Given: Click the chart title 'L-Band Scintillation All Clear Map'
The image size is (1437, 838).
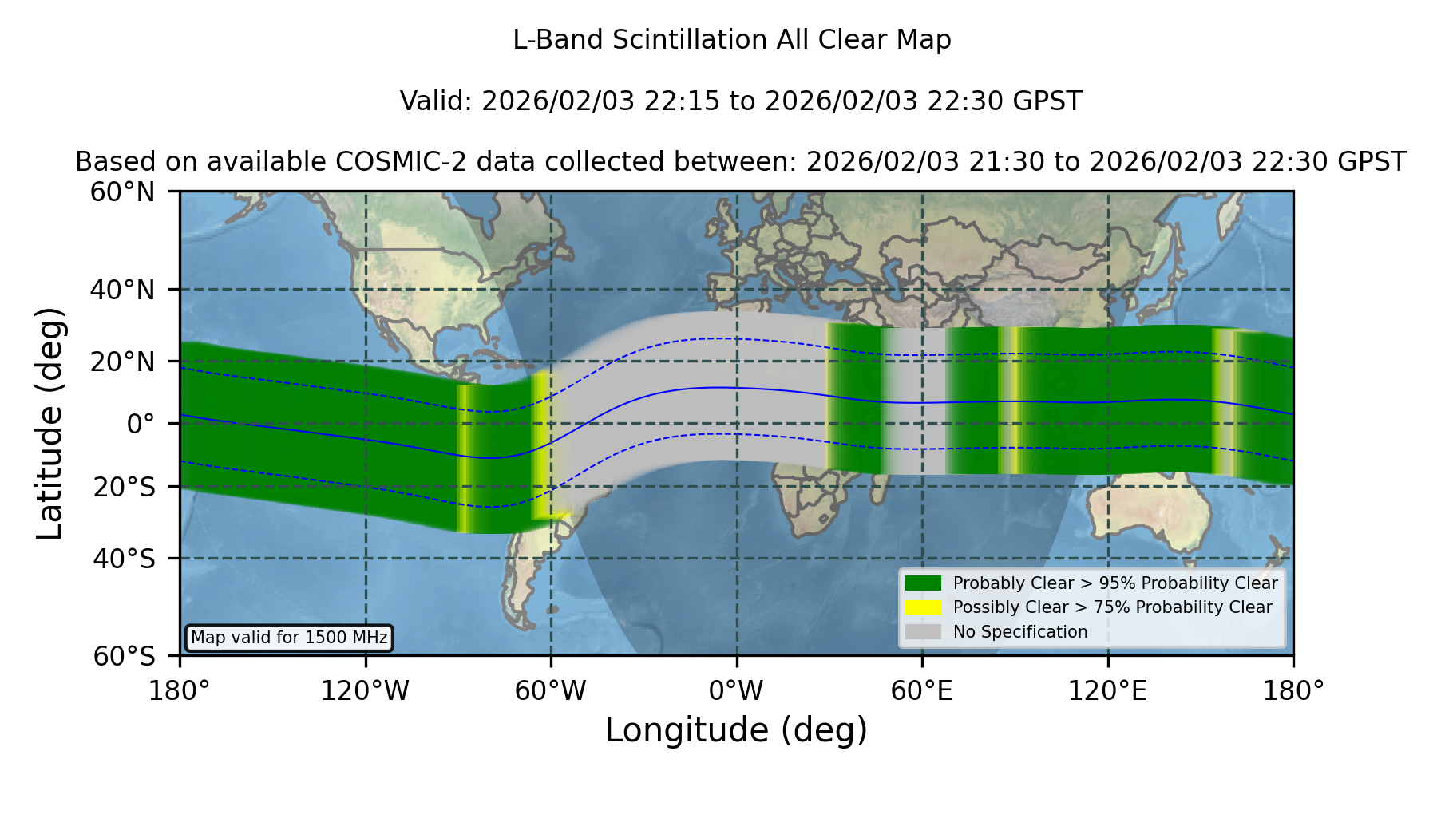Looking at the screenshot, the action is pyautogui.click(x=732, y=40).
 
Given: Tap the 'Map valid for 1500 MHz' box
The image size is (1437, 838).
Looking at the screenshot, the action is pyautogui.click(x=289, y=638).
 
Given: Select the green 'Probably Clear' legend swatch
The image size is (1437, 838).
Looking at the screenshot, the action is pyautogui.click(x=923, y=583).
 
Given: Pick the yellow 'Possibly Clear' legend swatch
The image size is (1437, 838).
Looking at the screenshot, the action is pyautogui.click(x=923, y=607).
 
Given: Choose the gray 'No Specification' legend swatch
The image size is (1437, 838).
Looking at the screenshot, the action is pyautogui.click(x=923, y=632).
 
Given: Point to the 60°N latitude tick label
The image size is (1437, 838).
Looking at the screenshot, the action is pyautogui.click(x=122, y=192).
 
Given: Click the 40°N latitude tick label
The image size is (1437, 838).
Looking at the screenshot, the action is pyautogui.click(x=122, y=290).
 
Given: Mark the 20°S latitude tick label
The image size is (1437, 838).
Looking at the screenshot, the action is pyautogui.click(x=124, y=487).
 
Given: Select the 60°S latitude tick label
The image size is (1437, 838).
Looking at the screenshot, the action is pyautogui.click(x=124, y=656).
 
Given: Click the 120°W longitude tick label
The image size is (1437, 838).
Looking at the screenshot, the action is pyautogui.click(x=365, y=691).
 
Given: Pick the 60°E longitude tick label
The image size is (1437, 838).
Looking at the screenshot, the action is pyautogui.click(x=922, y=691).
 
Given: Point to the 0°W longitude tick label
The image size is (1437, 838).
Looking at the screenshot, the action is pyautogui.click(x=736, y=691).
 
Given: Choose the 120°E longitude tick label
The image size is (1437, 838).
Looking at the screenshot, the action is pyautogui.click(x=1107, y=691).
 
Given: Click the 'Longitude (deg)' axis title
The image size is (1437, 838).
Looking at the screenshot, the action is pyautogui.click(x=736, y=731).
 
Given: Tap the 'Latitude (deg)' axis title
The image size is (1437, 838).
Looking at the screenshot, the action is pyautogui.click(x=50, y=423).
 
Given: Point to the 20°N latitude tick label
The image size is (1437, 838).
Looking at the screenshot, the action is pyautogui.click(x=122, y=362).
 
